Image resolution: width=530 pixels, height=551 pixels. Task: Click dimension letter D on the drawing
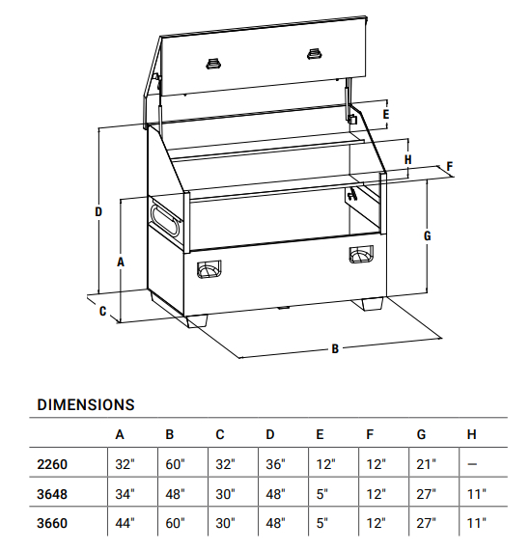pos(98,211)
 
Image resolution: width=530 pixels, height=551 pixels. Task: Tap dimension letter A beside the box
pos(121,262)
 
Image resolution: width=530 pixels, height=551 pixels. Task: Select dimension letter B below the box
pos(335,348)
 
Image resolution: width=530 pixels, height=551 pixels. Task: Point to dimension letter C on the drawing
pos(102,312)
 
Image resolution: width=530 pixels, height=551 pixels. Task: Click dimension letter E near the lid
pos(386,115)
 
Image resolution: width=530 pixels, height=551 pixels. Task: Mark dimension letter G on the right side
pos(427,235)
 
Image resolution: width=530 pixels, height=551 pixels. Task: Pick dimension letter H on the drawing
pos(407,159)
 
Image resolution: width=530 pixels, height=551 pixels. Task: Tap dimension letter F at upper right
pos(450,166)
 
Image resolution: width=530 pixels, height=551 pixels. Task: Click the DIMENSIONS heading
pos(86,405)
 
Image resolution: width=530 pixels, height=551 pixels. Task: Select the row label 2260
pos(52,464)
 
